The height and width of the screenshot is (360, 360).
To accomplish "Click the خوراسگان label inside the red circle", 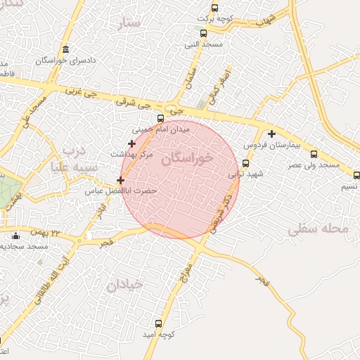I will coord(186,159).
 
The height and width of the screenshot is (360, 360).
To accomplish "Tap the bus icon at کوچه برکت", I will coord(215,8).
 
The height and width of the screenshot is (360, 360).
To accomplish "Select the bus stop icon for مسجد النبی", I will coord(203,33).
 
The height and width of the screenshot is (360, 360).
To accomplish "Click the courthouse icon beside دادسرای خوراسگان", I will coord(65,49).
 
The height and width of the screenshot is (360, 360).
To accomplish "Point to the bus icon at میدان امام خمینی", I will coord(160,118).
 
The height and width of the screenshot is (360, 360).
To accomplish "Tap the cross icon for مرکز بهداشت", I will coord(131,143).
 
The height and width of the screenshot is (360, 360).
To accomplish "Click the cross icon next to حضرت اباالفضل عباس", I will coord(121,180).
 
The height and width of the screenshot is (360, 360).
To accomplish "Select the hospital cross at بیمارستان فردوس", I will coord(271,133).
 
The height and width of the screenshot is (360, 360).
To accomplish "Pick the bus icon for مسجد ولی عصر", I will coord(314,154).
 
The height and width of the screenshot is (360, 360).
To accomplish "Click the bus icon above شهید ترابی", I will coord(245,163).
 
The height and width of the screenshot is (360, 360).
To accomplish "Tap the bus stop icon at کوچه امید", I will coord(157,324).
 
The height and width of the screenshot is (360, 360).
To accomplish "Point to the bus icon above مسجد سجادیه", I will coord(15,235).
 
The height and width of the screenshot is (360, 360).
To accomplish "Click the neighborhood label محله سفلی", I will coord(318,229).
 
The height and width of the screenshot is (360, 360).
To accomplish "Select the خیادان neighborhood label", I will coord(124,284).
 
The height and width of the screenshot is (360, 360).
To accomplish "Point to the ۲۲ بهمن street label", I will coord(46,232).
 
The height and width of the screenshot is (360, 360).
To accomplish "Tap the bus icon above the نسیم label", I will coord(356,175).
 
